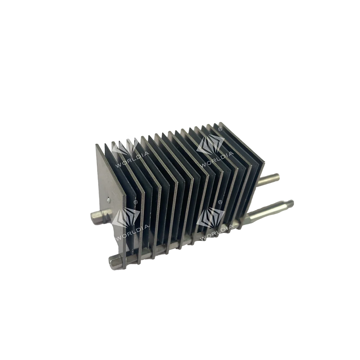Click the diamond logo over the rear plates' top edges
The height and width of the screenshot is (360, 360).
pos(211,144)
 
